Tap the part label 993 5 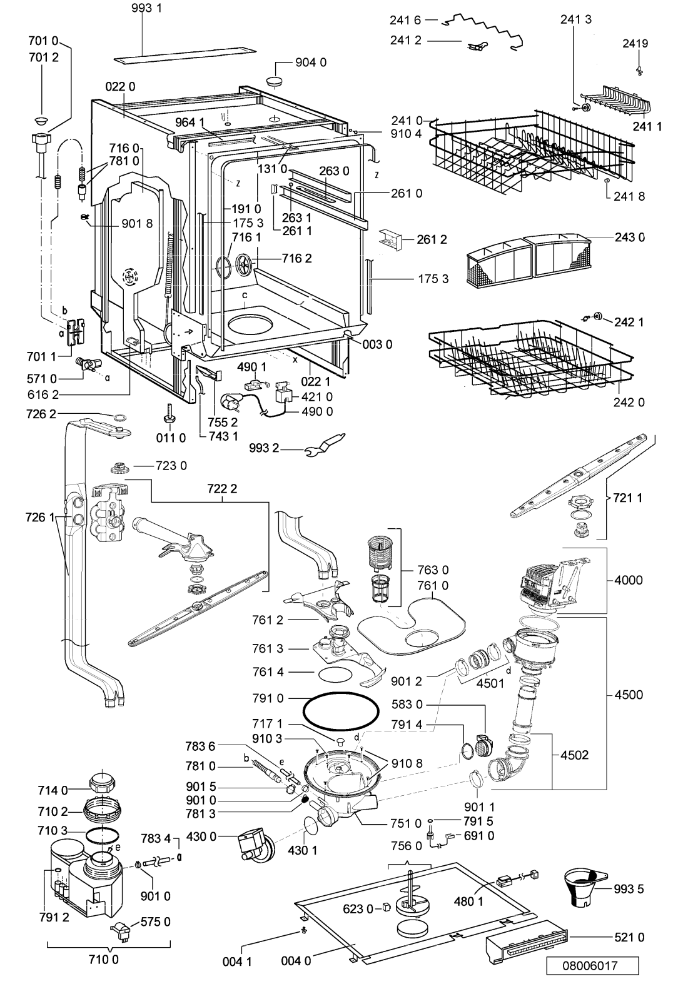[629, 889]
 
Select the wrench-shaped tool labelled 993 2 [325, 446]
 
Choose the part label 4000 [628, 580]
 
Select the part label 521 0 [629, 937]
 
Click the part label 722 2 [222, 489]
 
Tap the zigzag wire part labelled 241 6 [484, 31]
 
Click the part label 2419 [635, 43]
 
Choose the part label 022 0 [120, 86]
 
